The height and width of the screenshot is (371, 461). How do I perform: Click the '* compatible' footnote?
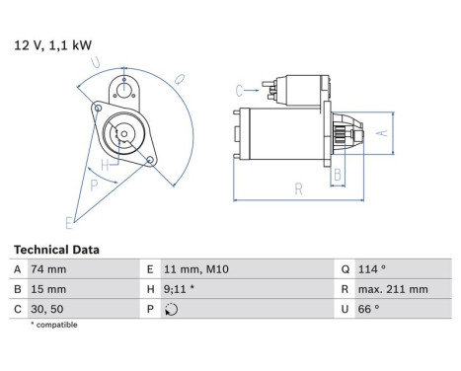53,325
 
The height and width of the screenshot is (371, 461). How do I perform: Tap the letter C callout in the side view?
240,90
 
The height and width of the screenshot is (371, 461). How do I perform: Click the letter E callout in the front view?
69,221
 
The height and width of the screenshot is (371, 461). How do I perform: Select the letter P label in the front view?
93,185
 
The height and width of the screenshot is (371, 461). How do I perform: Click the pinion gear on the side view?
342,130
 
